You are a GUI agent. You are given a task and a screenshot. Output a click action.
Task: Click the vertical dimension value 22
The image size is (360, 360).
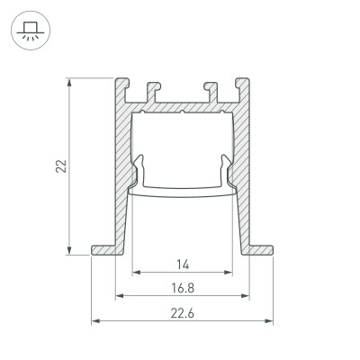click(x=60, y=166)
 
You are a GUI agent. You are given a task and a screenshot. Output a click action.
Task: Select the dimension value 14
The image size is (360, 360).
click(x=182, y=264)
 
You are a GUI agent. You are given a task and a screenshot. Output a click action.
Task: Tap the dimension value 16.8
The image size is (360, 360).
click(x=182, y=288)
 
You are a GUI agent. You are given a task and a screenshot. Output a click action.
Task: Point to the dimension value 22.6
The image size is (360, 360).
click(x=182, y=312)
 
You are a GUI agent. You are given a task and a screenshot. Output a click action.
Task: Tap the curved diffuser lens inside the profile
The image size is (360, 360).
click(x=182, y=191)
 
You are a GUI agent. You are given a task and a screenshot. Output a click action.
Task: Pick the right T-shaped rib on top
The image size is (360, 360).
click(x=211, y=90)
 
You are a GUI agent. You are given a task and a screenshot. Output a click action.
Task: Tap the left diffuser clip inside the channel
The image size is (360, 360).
click(x=139, y=171)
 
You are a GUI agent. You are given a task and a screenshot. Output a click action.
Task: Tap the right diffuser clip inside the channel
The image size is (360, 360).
click(x=226, y=171)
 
